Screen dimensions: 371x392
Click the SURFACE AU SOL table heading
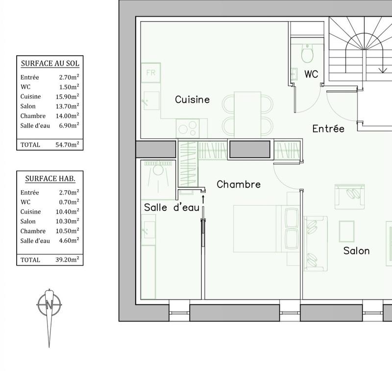tap(50, 63)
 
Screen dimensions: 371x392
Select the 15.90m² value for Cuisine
tap(68, 97)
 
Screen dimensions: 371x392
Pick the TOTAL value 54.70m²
tap(68, 145)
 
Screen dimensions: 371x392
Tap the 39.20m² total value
tap(68, 260)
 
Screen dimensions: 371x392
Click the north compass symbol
tap(49, 304)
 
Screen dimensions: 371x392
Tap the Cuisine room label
tap(192, 99)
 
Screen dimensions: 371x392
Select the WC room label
tap(311, 74)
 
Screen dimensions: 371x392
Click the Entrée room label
tap(328, 129)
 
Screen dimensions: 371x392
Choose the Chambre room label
tap(238, 185)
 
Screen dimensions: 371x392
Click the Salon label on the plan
tap(356, 251)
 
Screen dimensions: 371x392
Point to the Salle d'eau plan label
tap(171, 208)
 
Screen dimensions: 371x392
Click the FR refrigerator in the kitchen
tap(150, 73)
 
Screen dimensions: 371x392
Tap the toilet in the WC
tap(307, 54)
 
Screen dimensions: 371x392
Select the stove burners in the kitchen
tap(186, 128)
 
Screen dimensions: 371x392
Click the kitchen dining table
tap(248, 114)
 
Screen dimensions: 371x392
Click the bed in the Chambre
tap(260, 228)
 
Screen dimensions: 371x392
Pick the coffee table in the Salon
tap(346, 231)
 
